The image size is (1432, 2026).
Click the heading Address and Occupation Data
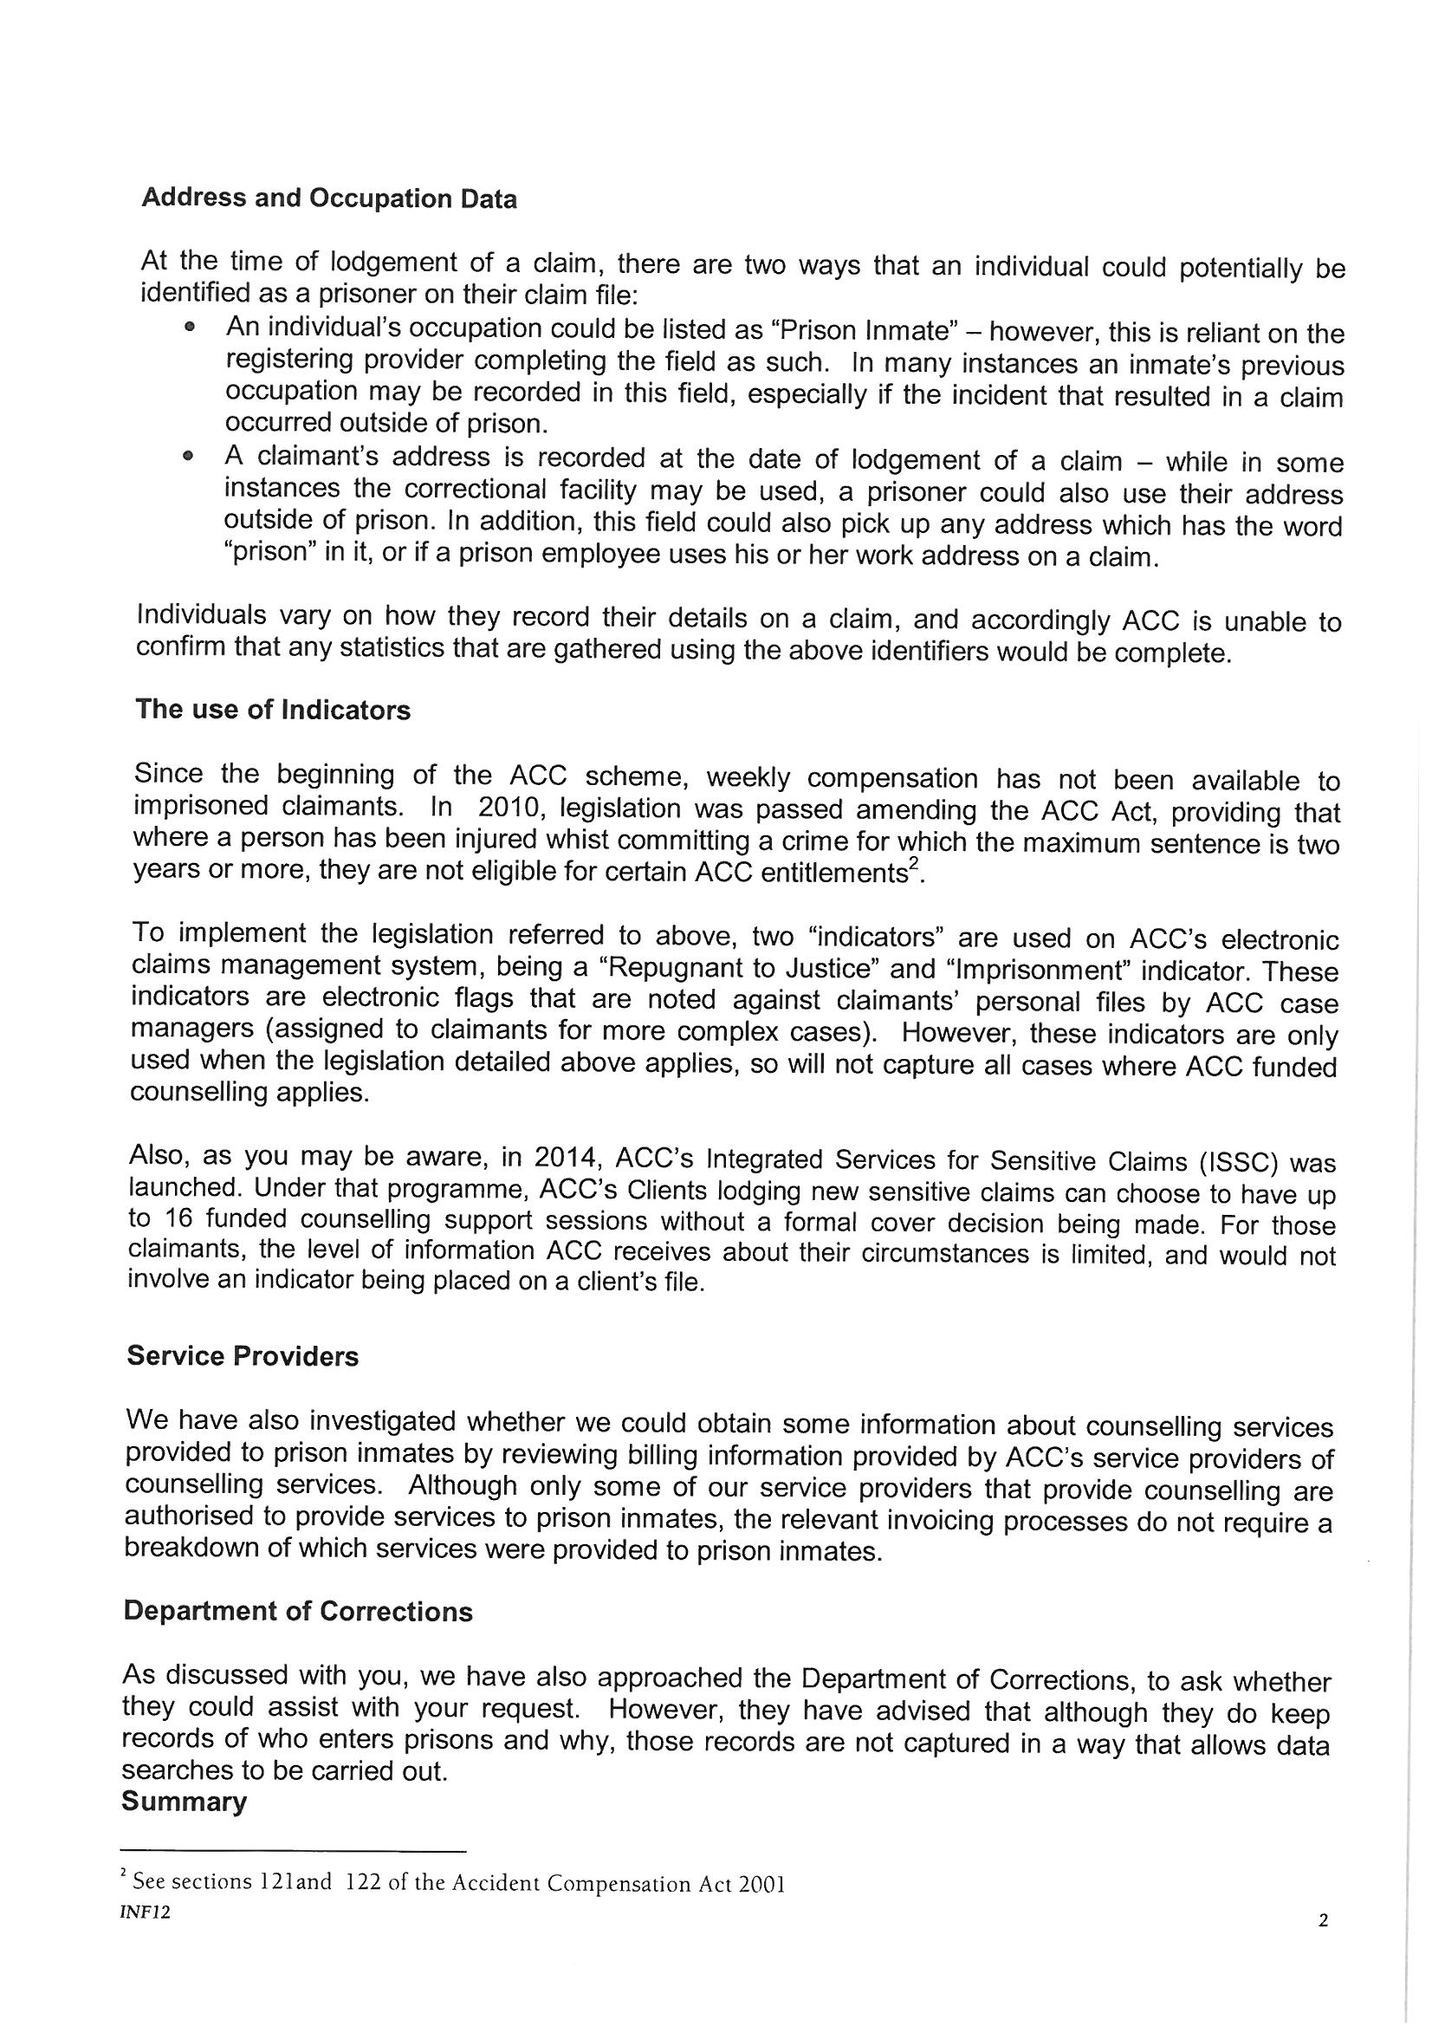click(328, 198)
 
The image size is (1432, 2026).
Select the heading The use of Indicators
click(273, 711)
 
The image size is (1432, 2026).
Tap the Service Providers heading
click(243, 1356)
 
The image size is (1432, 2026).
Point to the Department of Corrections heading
click(297, 1611)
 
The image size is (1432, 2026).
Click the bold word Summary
click(184, 1802)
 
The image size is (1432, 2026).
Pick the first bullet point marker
click(188, 328)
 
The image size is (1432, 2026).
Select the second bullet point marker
click(187, 456)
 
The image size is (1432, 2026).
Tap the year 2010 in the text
click(509, 808)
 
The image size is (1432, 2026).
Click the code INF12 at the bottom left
click(146, 1914)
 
